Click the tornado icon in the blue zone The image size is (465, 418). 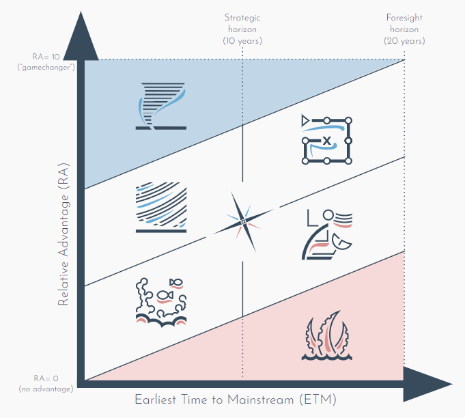[161, 104]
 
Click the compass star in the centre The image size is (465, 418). [243, 221]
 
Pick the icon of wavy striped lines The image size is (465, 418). [161, 208]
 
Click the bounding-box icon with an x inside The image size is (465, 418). [326, 140]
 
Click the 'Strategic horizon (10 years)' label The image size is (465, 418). [242, 29]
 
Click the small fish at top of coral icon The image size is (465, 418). [175, 281]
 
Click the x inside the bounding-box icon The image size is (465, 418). [327, 141]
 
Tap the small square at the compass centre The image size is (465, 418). [243, 221]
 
